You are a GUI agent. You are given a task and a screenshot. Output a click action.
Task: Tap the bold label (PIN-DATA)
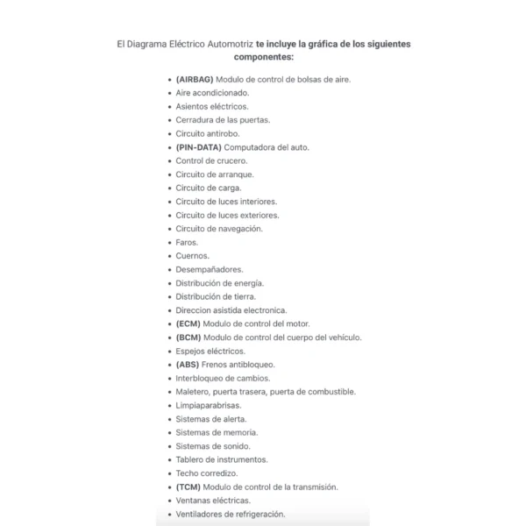[198, 147]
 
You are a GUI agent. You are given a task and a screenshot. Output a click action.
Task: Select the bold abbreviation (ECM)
[188, 323]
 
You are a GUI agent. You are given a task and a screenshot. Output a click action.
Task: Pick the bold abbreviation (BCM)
[188, 338]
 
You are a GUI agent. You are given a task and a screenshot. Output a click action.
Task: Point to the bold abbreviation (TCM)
[188, 487]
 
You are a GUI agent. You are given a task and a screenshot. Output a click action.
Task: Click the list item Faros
[187, 242]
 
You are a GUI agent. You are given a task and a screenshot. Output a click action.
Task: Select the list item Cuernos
[192, 256]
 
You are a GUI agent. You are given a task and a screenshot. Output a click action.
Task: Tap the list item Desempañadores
[210, 269]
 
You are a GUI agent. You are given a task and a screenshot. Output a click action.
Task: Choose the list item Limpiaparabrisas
[209, 405]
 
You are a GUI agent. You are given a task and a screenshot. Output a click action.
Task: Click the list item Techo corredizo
[207, 473]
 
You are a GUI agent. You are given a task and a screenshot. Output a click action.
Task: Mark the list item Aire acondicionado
[212, 93]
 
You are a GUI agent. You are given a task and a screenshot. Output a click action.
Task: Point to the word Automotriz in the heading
[229, 42]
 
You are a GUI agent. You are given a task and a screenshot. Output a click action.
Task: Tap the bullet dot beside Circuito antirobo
[168, 133]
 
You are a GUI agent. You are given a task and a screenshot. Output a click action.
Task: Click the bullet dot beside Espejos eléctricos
[168, 351]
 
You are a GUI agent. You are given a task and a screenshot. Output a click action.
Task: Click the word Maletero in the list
[193, 392]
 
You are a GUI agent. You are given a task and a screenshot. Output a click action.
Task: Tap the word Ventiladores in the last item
[198, 514]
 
